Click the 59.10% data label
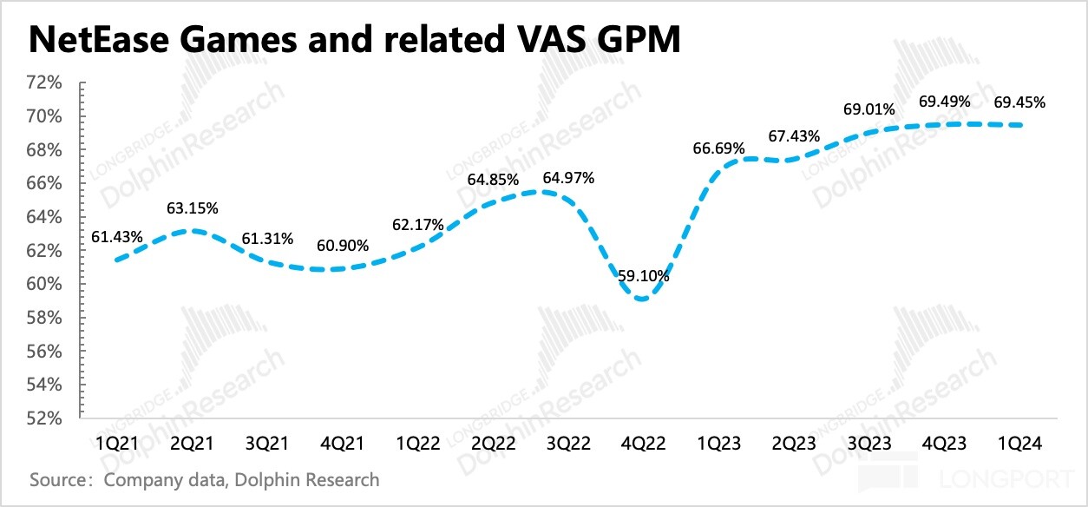coord(643,276)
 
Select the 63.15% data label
coord(192,208)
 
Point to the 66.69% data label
coord(718,148)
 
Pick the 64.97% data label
coord(568,179)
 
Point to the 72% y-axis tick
coord(45,83)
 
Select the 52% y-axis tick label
coord(45,418)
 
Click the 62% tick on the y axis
coord(45,251)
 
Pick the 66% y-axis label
coord(45,184)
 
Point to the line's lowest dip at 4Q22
coord(642,299)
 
